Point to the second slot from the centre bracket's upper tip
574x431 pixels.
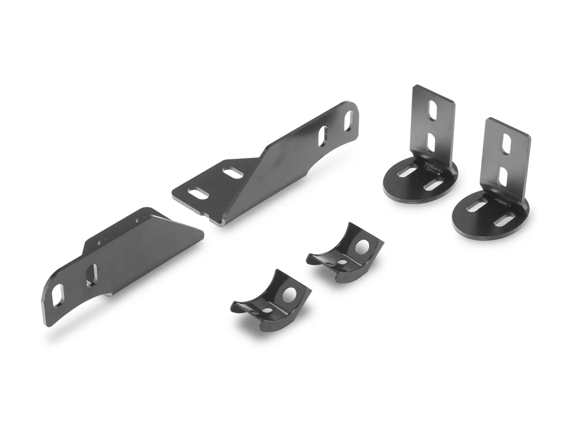point(323,135)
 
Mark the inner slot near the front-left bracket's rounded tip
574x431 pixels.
point(91,275)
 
